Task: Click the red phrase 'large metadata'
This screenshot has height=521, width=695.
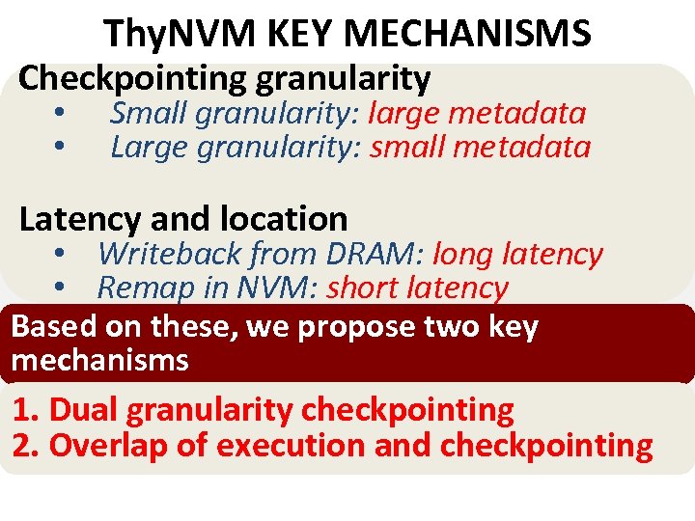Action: click(477, 114)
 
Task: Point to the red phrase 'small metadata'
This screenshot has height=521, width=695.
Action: click(480, 148)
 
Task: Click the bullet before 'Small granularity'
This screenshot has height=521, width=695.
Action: click(60, 114)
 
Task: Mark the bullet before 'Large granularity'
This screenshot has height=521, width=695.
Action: click(60, 148)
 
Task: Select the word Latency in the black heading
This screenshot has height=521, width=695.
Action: click(79, 219)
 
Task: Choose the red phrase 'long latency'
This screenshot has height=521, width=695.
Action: click(517, 255)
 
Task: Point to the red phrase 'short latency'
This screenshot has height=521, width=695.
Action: click(417, 288)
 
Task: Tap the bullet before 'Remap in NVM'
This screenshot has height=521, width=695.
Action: click(60, 288)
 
